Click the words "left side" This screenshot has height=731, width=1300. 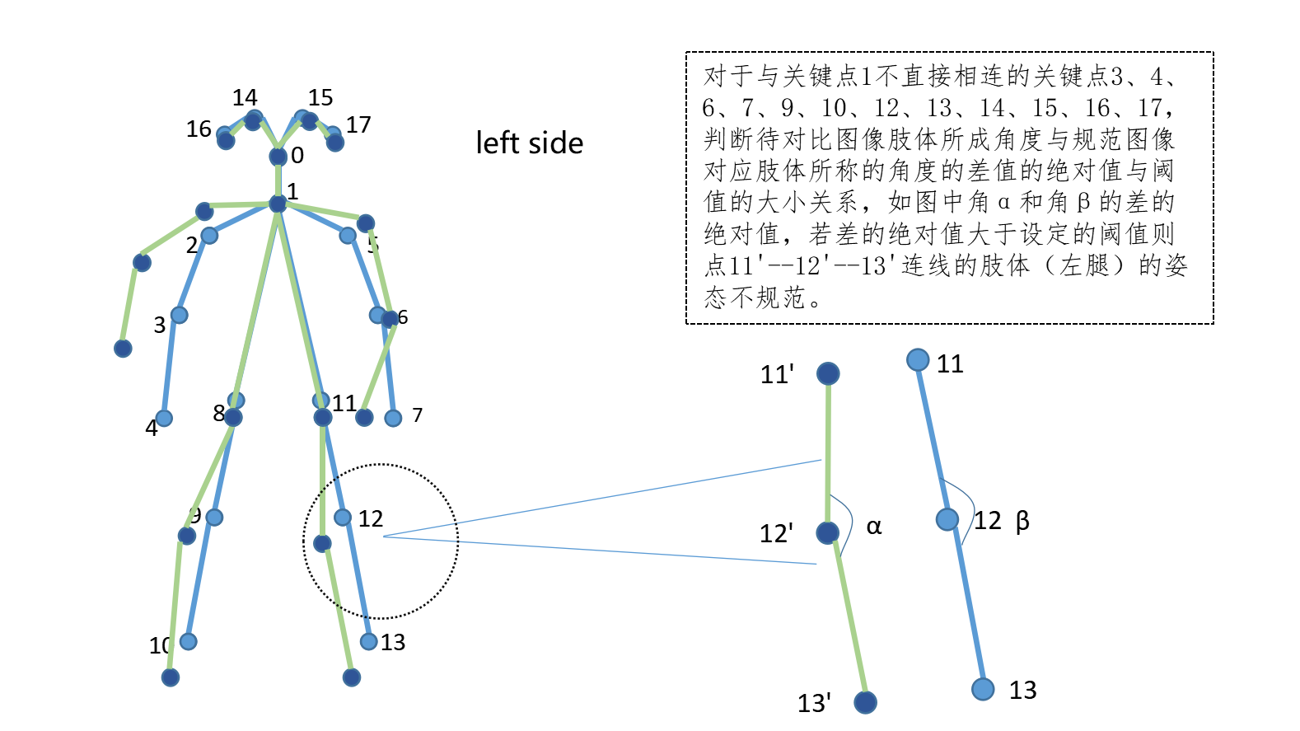529,143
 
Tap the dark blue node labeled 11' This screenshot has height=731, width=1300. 828,373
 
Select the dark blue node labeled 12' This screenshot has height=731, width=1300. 828,532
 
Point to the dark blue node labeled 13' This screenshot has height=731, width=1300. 865,702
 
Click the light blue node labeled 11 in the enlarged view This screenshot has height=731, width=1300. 918,360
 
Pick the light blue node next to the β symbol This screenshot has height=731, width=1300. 947,519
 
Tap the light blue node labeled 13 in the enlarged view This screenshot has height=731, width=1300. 983,689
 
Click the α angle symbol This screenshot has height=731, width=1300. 874,527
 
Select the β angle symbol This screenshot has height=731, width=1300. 1022,521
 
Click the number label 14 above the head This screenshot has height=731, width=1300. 245,98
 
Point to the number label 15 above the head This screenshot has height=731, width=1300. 320,98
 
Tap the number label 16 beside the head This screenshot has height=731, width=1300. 199,129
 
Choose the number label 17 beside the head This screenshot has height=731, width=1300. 358,125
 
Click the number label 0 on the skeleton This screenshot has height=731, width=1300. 297,155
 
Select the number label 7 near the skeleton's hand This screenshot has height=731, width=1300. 418,415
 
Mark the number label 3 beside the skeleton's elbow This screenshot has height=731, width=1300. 160,326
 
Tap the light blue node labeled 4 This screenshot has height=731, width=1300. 164,419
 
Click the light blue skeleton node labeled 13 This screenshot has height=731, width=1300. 369,641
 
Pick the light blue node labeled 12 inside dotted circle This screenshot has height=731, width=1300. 343,518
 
